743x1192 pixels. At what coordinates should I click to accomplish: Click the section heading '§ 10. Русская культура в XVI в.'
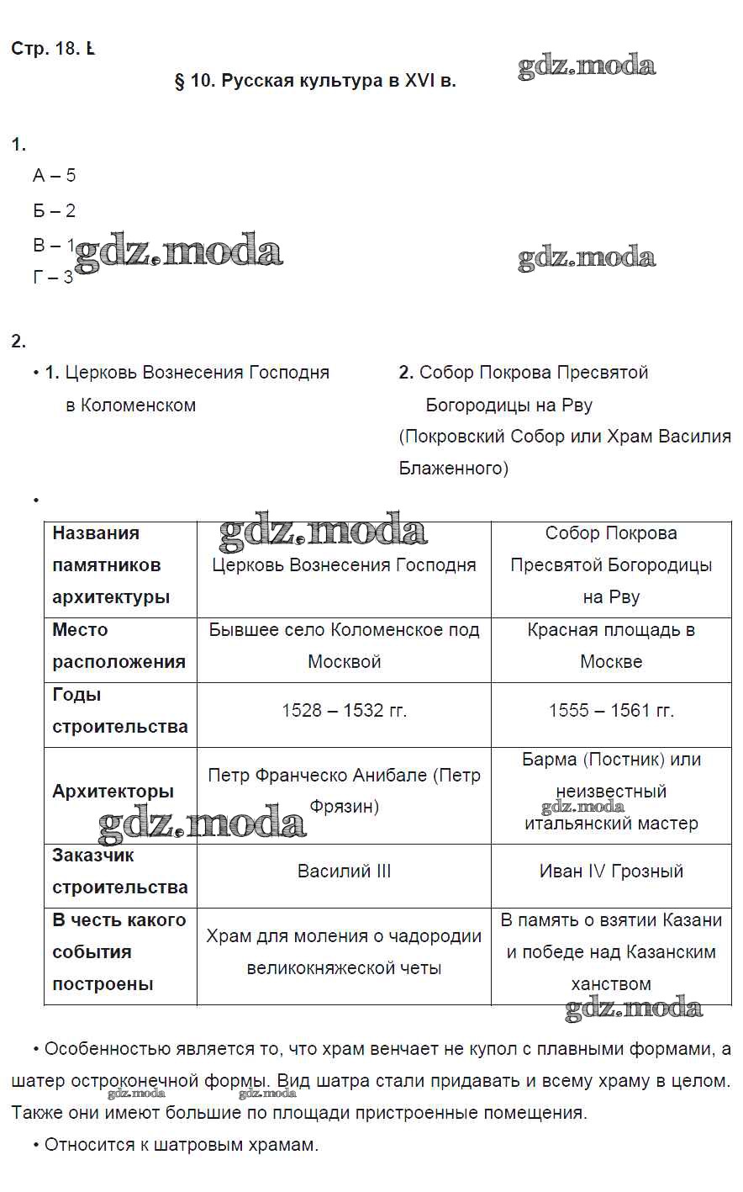[x=315, y=82]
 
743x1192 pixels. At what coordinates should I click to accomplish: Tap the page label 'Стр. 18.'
[x=45, y=49]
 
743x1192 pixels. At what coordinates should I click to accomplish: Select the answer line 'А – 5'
[x=55, y=175]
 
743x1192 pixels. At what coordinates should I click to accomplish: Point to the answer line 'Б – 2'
[x=55, y=210]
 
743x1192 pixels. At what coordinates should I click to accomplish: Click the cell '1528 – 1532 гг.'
[x=344, y=711]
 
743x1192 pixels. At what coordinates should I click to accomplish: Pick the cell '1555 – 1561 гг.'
[x=611, y=711]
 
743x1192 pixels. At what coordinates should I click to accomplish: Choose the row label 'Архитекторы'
[x=113, y=792]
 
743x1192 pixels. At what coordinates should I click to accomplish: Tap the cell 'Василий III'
[x=344, y=871]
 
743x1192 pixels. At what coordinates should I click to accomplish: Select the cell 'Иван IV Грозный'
[x=611, y=871]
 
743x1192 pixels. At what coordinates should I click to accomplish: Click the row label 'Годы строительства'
[x=119, y=711]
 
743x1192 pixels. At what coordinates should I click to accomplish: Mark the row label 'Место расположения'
[x=119, y=646]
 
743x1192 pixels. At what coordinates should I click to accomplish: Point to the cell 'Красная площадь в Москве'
[x=611, y=646]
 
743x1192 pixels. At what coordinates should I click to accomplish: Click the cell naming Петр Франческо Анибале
[x=344, y=791]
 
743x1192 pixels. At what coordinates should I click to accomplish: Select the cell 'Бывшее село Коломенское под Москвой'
[x=344, y=646]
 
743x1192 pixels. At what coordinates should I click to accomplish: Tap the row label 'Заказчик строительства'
[x=119, y=871]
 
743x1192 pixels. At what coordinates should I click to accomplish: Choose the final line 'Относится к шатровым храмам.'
[x=181, y=1145]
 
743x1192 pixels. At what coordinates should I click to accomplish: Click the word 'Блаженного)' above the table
[x=454, y=469]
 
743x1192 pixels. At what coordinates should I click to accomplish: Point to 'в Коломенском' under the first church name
[x=130, y=405]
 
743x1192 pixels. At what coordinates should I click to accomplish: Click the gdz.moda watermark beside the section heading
[x=587, y=66]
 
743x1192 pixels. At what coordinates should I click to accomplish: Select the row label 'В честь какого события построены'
[x=119, y=952]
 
